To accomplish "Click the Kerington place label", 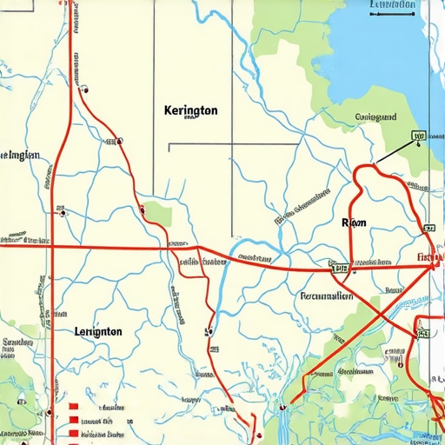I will (x=190, y=112).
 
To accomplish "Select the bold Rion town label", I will (x=355, y=223).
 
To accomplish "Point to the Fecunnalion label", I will (x=326, y=296).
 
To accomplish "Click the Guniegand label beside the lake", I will (x=376, y=116).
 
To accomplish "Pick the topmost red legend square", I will (x=75, y=406).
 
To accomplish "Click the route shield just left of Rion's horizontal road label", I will (x=340, y=268).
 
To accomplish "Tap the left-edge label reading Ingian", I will (x=21, y=156).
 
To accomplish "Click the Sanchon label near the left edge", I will (x=17, y=343).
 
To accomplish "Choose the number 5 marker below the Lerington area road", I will (x=207, y=331).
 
